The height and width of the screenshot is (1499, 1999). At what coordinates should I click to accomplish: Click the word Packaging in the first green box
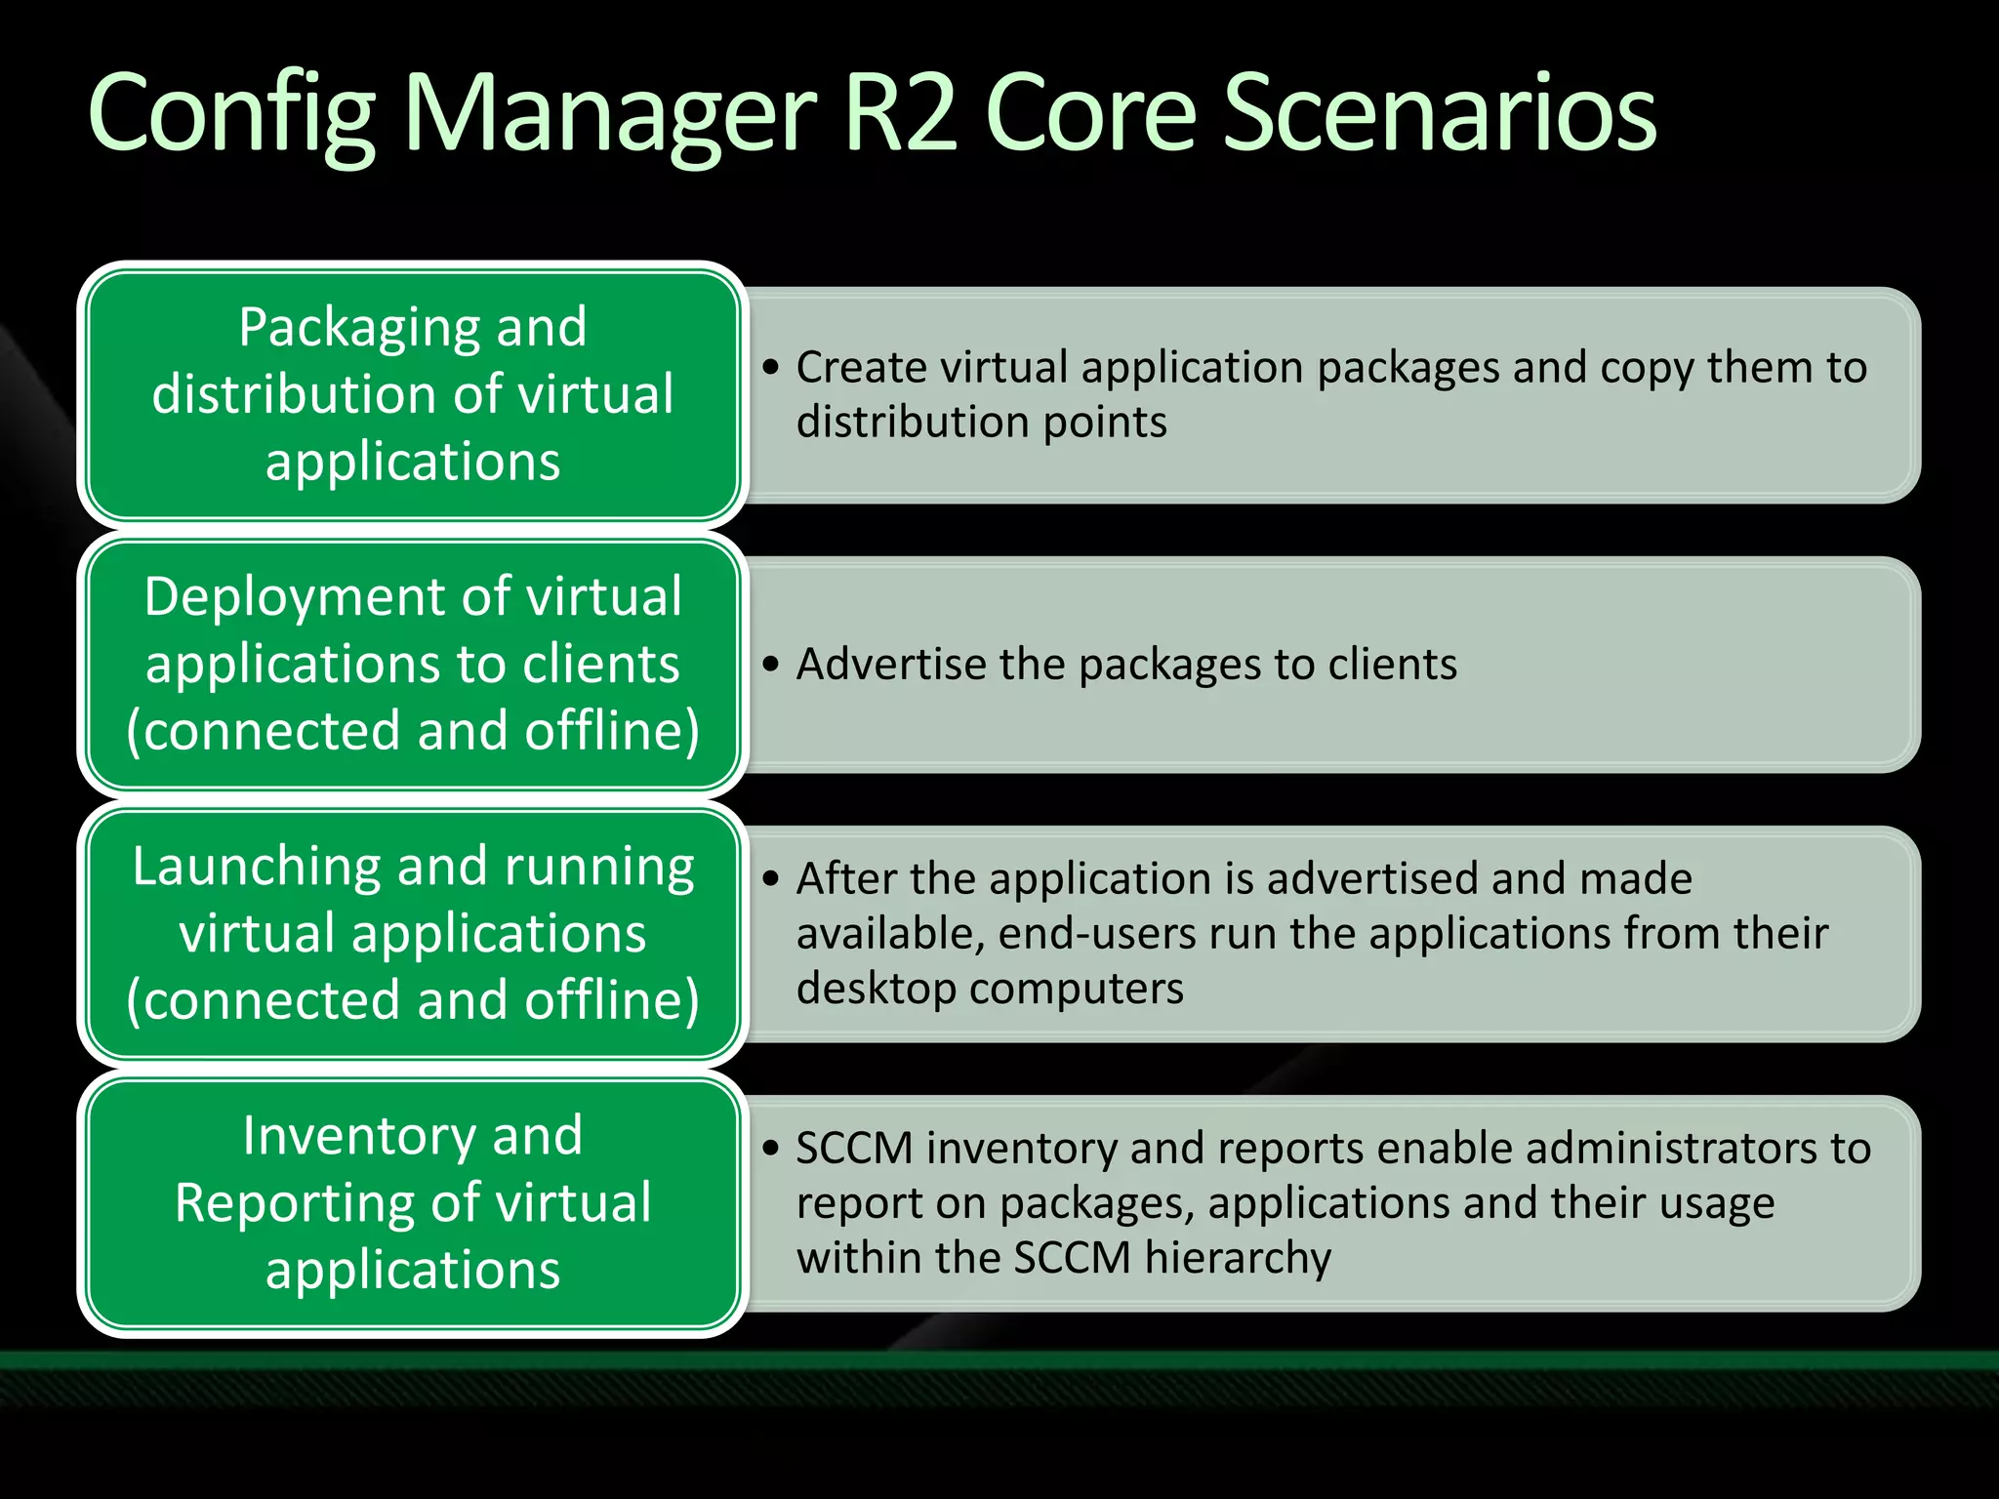pos(340,329)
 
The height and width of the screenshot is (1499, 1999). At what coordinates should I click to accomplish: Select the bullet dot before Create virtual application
pos(772,369)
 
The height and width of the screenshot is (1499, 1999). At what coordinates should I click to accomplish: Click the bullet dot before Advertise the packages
pos(772,666)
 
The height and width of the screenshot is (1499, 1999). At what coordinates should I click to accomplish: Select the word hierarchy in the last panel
pos(1238,1259)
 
